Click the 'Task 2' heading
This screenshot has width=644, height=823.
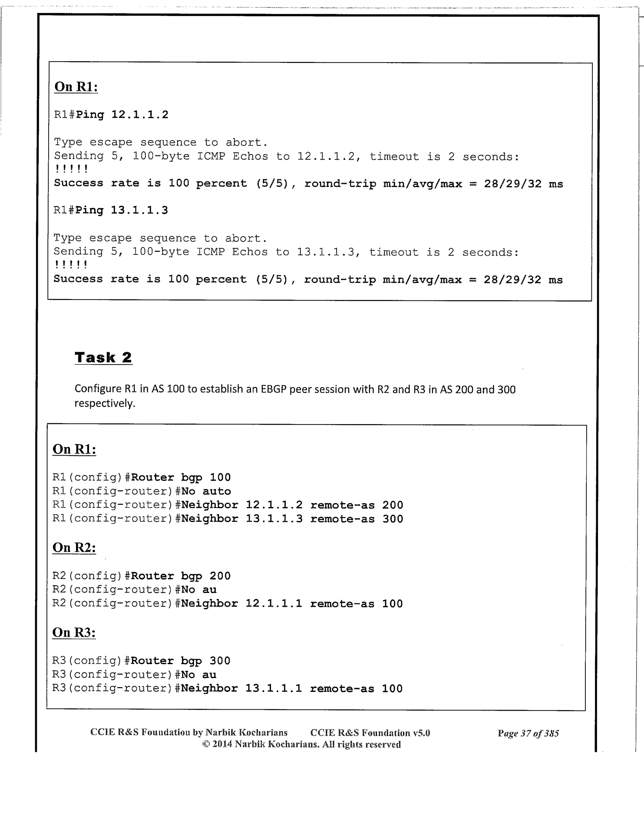(103, 358)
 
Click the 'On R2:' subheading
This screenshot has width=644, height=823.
(74, 547)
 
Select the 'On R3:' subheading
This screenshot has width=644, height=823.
(74, 632)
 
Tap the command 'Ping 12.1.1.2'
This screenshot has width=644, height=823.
(122, 115)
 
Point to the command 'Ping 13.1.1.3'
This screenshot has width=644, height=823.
(122, 211)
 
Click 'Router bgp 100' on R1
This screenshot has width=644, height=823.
(181, 477)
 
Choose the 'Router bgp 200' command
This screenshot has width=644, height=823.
(181, 576)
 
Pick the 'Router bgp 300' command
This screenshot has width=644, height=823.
(181, 661)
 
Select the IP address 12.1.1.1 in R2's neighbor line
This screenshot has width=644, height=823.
(274, 604)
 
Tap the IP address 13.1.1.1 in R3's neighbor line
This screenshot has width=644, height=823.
(274, 688)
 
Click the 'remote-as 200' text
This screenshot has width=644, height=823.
(357, 505)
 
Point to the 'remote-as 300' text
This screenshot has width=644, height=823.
(357, 519)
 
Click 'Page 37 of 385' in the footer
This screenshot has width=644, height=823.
(528, 734)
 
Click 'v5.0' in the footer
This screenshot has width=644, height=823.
(421, 733)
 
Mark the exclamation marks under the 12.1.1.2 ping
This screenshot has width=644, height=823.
(71, 169)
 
